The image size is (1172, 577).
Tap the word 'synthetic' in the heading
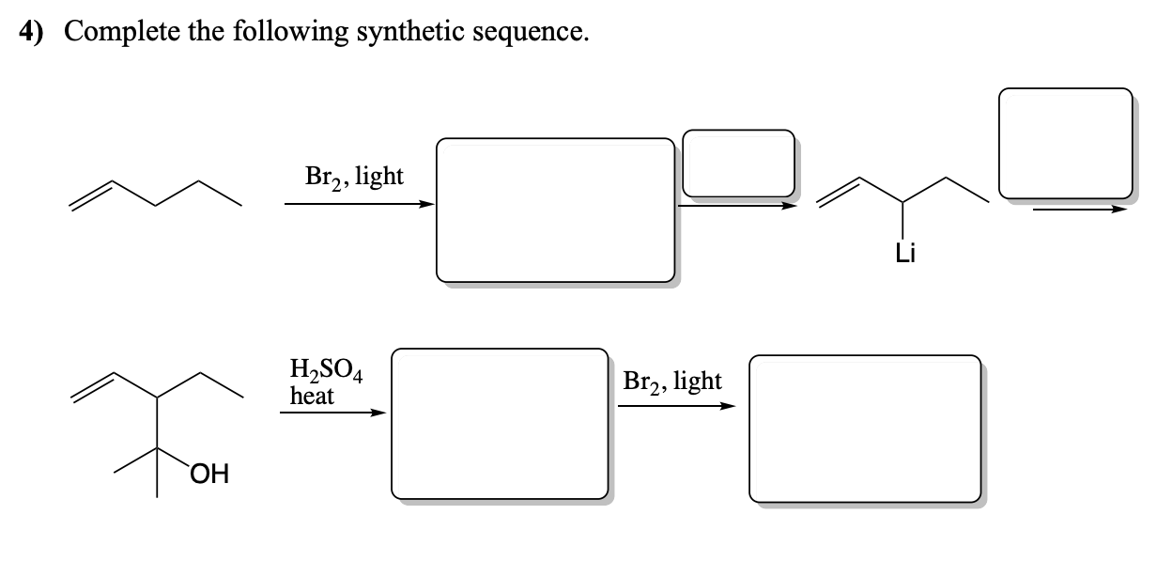point(424,32)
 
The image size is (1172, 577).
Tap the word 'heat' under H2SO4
point(312,396)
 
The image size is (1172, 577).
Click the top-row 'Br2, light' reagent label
point(354,176)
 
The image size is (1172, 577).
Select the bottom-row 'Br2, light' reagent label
point(671,381)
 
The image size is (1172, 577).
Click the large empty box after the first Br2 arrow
point(555,210)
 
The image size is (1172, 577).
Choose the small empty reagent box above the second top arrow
point(738,164)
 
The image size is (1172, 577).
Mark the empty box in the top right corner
point(1065,143)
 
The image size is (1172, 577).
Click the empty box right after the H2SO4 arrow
point(500,423)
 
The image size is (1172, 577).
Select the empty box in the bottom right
point(864,428)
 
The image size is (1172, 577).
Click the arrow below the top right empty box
point(1078,210)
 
